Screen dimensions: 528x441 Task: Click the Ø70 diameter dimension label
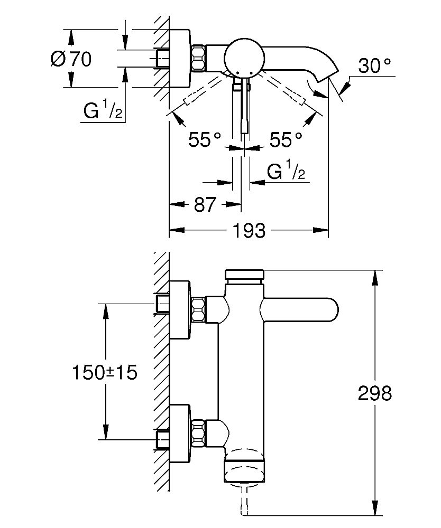pyautogui.click(x=71, y=59)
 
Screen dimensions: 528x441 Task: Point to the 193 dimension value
pyautogui.click(x=249, y=230)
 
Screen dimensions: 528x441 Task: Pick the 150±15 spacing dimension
pyautogui.click(x=104, y=372)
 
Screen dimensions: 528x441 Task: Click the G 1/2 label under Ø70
pyautogui.click(x=103, y=111)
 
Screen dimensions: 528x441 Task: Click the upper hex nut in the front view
pyautogui.click(x=198, y=309)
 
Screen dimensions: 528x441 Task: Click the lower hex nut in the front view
pyautogui.click(x=198, y=431)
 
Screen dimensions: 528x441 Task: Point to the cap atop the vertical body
pyautogui.click(x=244, y=275)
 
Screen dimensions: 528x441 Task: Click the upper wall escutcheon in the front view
pyautogui.click(x=180, y=309)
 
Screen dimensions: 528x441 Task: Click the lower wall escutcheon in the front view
pyautogui.click(x=180, y=431)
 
